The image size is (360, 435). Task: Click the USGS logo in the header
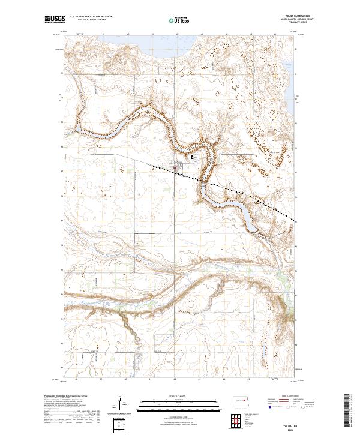coord(53,20)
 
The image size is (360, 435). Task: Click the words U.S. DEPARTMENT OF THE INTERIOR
coord(89,17)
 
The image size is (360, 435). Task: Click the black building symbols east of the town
coord(193,158)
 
